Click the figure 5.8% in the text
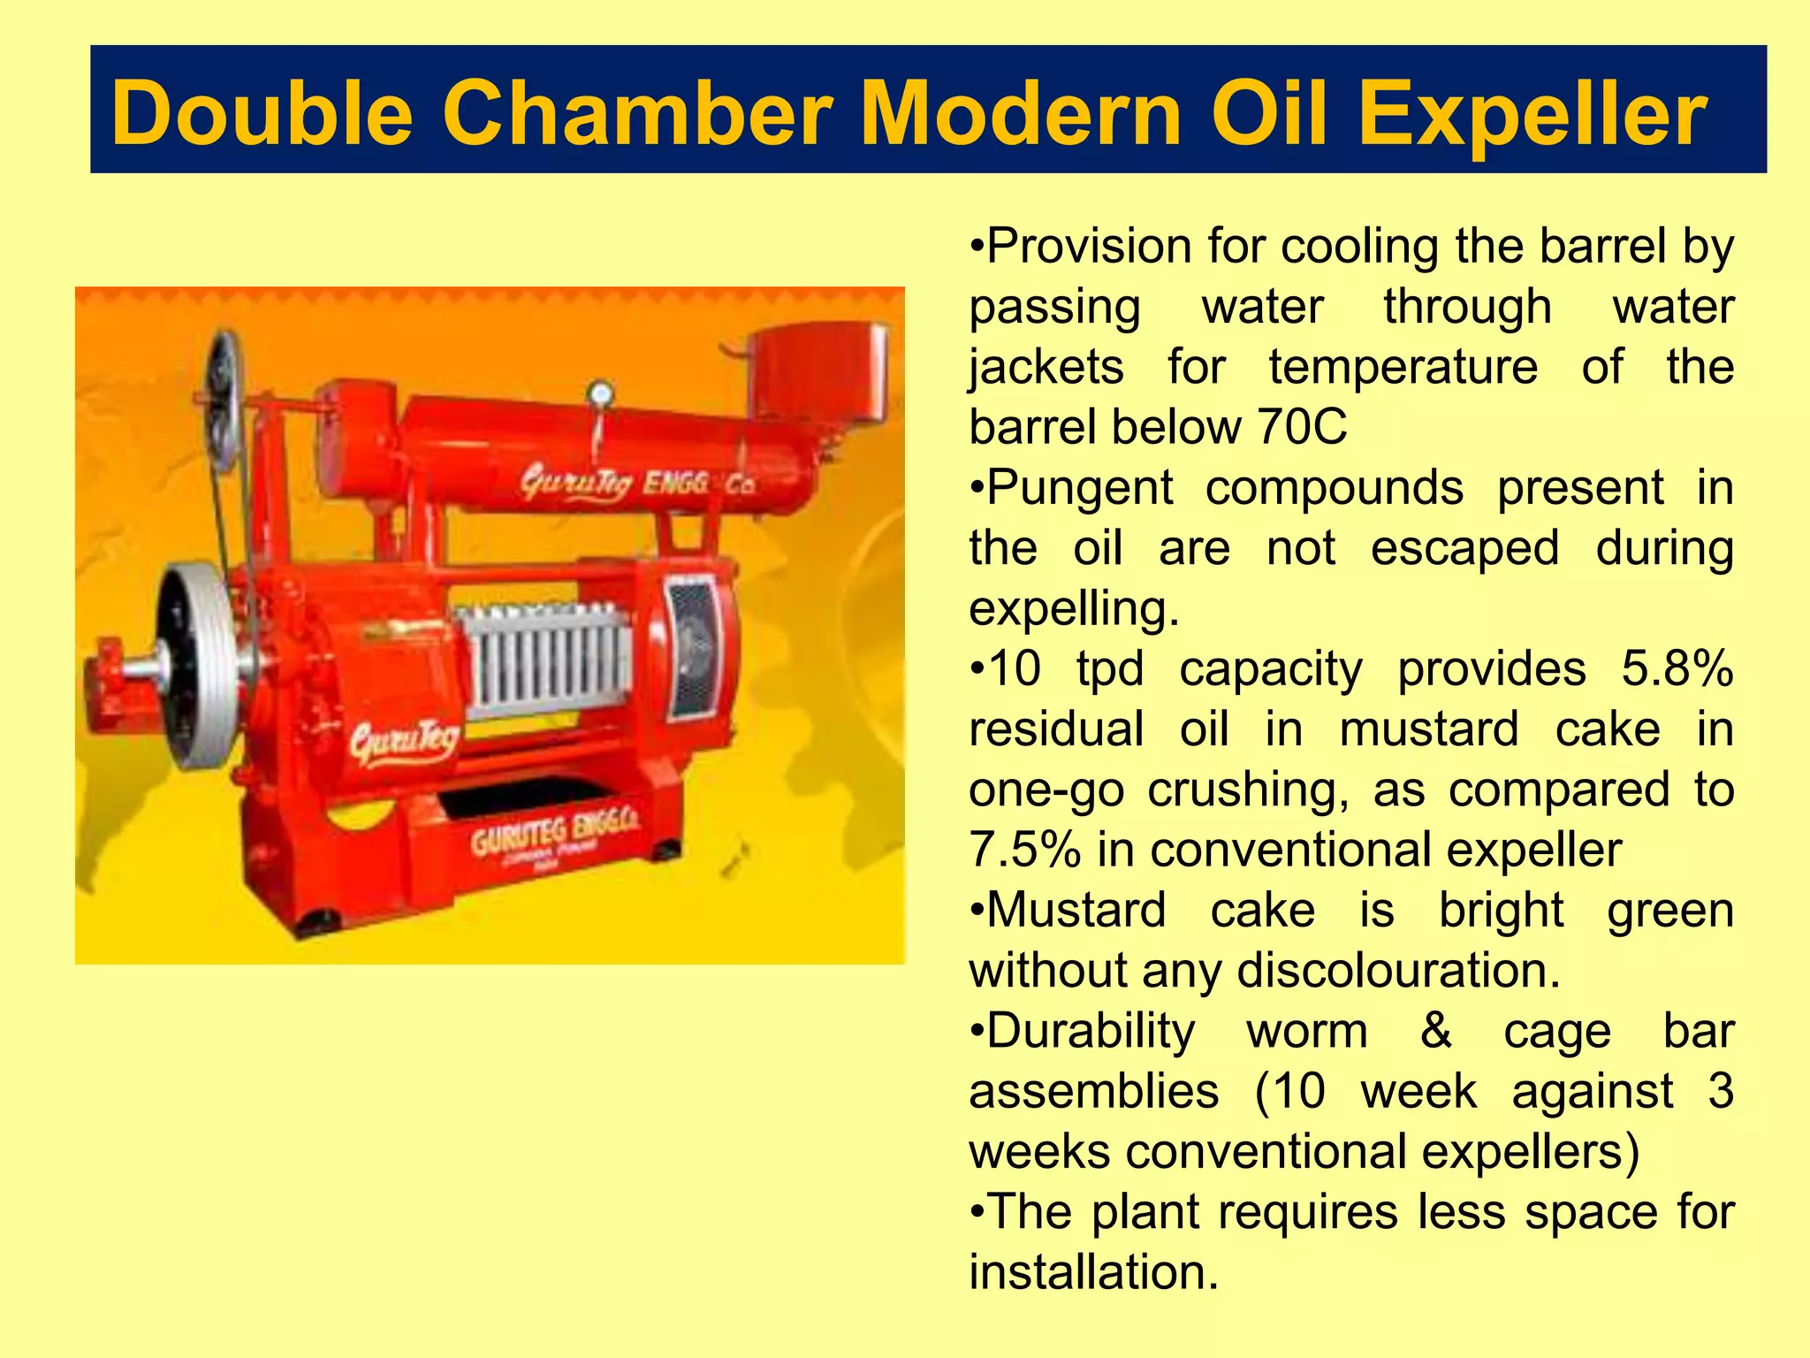tap(1676, 669)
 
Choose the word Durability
tap(1089, 1032)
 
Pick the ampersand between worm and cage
tap(1435, 1031)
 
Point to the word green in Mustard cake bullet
tap(1669, 911)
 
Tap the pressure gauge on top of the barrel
tap(600, 394)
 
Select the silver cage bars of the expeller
tap(548, 659)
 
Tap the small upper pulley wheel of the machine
tap(222, 398)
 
